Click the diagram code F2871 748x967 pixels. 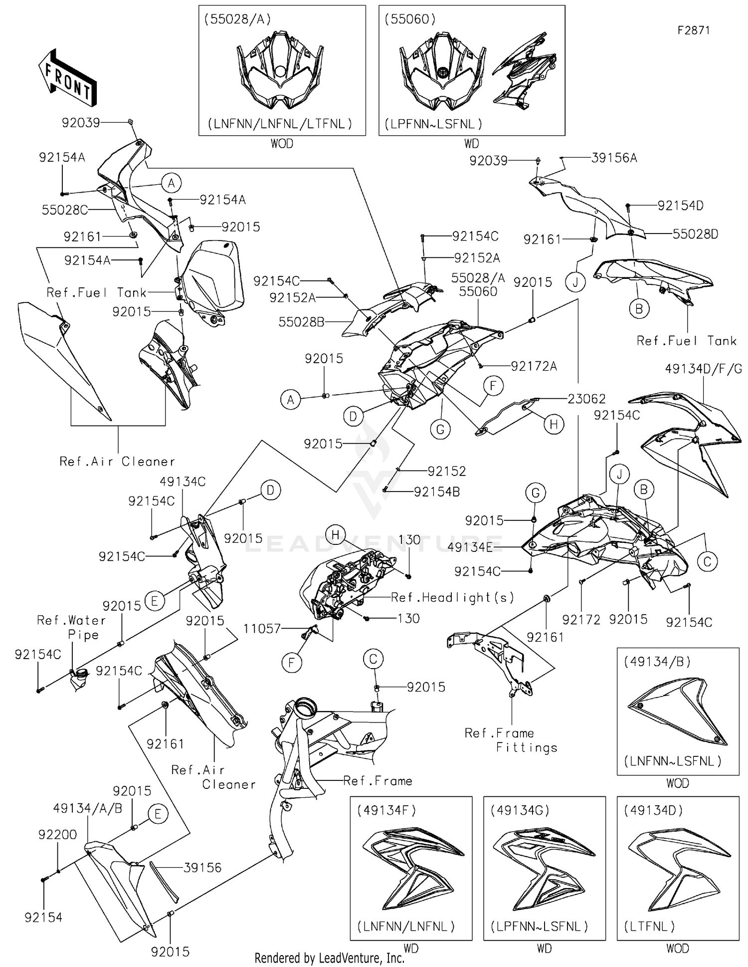click(694, 30)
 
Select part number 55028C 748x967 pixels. click(64, 210)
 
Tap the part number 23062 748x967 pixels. click(587, 399)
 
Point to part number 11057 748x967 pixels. click(262, 629)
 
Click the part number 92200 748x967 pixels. click(57, 835)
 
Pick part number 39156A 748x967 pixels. click(614, 158)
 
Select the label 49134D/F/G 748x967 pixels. click(703, 369)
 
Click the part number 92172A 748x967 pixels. click(534, 366)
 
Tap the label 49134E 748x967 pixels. click(470, 547)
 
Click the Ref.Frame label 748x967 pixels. click(377, 781)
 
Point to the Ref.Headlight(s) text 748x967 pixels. click(452, 597)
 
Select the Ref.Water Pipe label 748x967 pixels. click(72, 627)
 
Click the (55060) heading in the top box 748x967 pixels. click(410, 19)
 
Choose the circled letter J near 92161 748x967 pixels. click(575, 283)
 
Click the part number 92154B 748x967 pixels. click(436, 492)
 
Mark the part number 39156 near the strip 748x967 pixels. click(202, 868)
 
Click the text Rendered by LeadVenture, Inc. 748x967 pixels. click(329, 958)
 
